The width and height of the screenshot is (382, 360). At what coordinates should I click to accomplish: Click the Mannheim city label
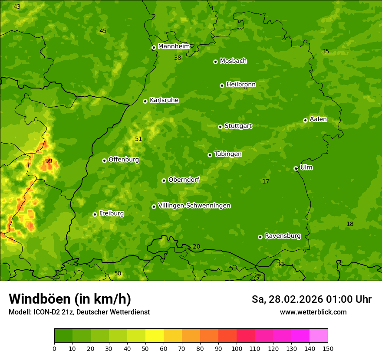coord(174,46)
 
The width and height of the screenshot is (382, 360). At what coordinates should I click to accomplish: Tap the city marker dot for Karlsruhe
coord(145,101)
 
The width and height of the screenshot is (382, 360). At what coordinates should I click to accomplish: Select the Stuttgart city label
coord(238,126)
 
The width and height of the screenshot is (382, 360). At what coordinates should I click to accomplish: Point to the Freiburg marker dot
coord(95,214)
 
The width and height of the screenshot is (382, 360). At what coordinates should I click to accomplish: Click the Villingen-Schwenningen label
coord(194,206)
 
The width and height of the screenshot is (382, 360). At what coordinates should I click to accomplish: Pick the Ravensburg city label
coord(283,236)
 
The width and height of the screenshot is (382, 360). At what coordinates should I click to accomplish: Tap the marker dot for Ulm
coord(296,168)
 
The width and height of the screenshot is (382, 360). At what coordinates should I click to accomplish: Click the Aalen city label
coord(318,119)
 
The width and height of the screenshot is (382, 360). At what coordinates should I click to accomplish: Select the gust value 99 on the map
coord(49,161)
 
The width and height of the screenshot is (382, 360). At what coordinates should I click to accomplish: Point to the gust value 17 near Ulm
coord(266,181)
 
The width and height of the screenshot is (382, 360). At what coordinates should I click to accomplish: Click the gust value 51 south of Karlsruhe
coord(138,139)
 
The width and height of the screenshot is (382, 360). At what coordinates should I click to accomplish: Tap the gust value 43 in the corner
coord(17,7)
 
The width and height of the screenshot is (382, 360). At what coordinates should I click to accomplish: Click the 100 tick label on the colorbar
coord(237,348)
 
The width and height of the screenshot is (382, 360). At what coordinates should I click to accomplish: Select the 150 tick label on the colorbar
coord(327,348)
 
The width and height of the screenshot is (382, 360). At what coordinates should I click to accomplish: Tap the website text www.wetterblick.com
coord(313,312)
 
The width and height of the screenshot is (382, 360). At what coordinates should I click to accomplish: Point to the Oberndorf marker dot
coord(164,180)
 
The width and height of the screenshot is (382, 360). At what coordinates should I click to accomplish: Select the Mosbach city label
coord(233,61)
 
